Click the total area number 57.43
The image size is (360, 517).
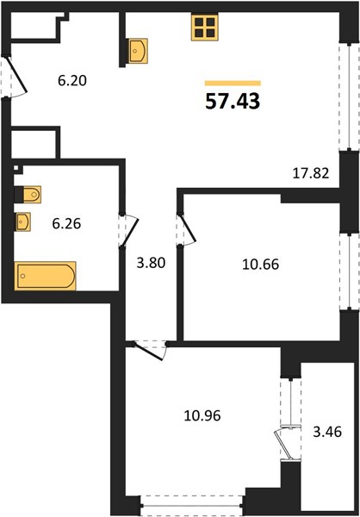tap(233, 101)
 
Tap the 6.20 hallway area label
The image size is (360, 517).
tap(72, 80)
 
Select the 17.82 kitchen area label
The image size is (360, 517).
tap(311, 173)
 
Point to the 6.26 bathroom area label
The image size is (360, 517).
tap(66, 224)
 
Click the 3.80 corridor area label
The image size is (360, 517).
tap(151, 263)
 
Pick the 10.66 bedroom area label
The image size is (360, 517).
tap(260, 265)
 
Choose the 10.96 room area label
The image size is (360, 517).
tap(202, 415)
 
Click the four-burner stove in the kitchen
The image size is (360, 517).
tap(205, 28)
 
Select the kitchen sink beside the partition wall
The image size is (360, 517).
tap(137, 51)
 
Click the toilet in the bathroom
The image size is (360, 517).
tap(30, 195)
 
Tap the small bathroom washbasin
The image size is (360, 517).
tap(22, 222)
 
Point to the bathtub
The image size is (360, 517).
tap(45, 276)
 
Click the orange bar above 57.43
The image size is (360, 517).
tap(233, 83)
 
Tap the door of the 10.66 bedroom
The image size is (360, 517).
tap(189, 227)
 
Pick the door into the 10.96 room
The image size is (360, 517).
tap(148, 352)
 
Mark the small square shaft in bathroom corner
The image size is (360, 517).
tap(16, 168)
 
